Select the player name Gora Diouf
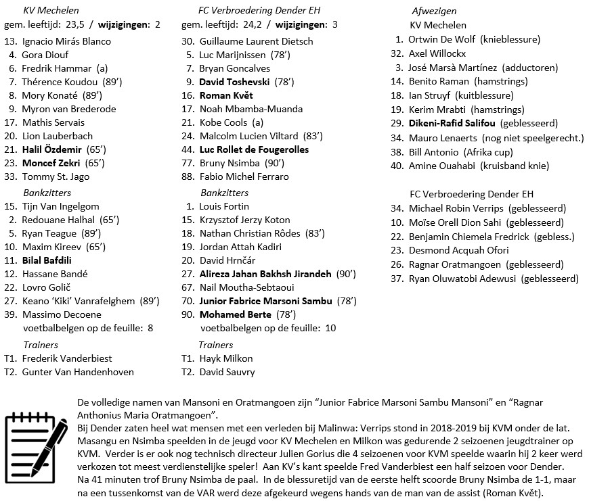pyautogui.click(x=45, y=55)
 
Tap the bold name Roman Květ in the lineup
pyautogui.click(x=226, y=95)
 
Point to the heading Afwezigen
pyautogui.click(x=434, y=11)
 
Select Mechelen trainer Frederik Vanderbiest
pyautogui.click(x=67, y=358)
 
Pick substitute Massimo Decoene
pyautogui.click(x=62, y=314)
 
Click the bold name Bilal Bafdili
pyautogui.click(x=47, y=260)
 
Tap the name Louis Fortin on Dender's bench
pyautogui.click(x=225, y=206)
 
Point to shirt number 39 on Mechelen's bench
pyautogui.click(x=10, y=314)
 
